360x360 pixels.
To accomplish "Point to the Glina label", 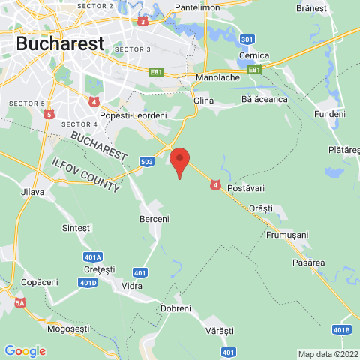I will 203,100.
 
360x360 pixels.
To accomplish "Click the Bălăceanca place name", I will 264,98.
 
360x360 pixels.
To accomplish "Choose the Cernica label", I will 253,56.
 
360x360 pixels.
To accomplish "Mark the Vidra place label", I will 131,285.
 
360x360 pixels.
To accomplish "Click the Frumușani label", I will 287,235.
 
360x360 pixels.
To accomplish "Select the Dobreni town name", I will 176,308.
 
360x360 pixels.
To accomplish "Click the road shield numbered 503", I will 147,160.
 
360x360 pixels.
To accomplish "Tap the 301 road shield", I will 247,39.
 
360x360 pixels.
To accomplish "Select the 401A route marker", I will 93,256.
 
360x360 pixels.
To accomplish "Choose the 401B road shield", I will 341,329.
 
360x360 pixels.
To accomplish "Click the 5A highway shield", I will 20,303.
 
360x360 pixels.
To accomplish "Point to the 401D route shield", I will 88,282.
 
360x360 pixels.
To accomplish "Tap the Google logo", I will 25,351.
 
